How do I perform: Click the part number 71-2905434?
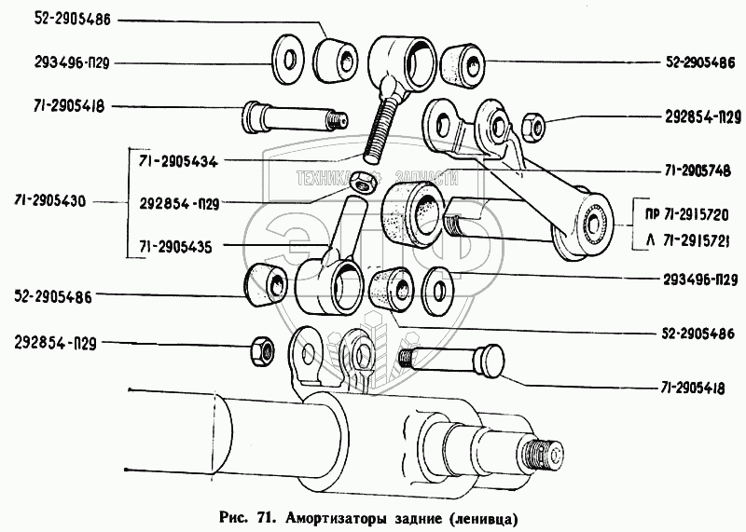click(177, 161)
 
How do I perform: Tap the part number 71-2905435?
click(177, 248)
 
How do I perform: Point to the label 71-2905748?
click(694, 172)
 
